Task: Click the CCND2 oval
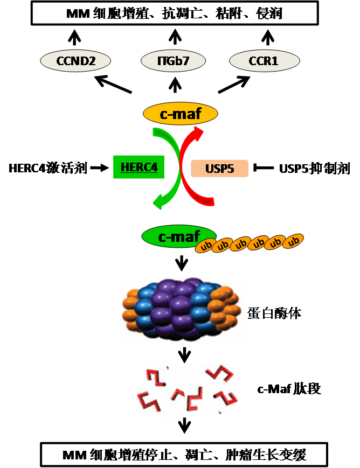(75, 61)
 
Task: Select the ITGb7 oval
(173, 61)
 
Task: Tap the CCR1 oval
(264, 61)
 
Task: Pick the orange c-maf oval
(180, 114)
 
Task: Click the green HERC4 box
(139, 167)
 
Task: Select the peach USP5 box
(220, 169)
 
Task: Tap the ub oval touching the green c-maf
(205, 247)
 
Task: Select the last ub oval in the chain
(294, 241)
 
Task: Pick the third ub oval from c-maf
(241, 244)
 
